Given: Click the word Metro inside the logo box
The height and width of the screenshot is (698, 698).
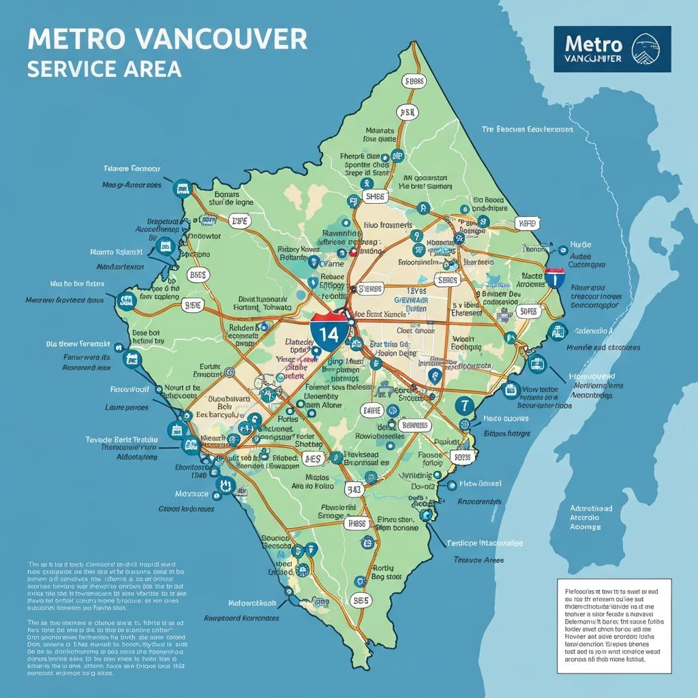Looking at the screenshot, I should (593, 44).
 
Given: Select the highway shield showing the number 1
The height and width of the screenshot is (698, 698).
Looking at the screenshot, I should (555, 278).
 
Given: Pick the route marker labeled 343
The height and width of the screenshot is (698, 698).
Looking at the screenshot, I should (354, 488).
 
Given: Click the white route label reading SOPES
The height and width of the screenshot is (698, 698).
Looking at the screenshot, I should (528, 312).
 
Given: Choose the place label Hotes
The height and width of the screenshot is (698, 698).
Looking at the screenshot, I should (289, 421).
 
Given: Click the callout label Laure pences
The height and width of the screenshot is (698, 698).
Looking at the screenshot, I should (127, 407).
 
